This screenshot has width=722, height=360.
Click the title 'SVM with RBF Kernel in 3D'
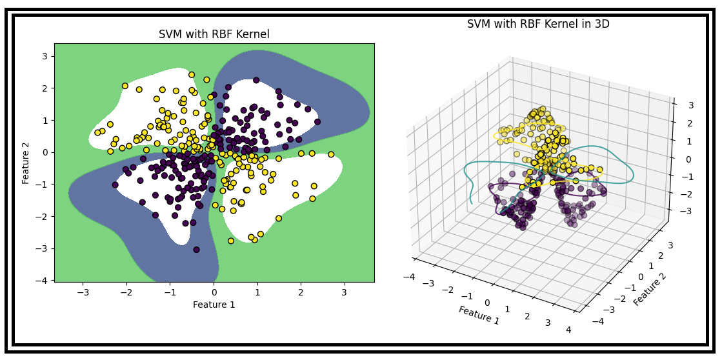point(537,25)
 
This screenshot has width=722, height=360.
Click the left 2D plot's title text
point(214,35)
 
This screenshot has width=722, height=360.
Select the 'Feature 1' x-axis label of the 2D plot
point(214,305)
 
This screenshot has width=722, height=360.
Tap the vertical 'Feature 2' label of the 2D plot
point(26,163)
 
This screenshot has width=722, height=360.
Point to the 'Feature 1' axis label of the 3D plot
point(479,315)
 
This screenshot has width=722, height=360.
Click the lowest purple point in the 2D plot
point(196,250)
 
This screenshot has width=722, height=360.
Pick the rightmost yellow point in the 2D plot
point(331,154)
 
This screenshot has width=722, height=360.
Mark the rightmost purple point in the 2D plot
point(317,121)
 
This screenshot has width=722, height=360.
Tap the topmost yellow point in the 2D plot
point(192,75)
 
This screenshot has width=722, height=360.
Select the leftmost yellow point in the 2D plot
point(98,133)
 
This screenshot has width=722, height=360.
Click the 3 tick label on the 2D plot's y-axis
point(45,56)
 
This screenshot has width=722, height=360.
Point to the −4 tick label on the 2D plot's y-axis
point(43,281)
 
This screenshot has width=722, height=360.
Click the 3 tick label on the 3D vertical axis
point(690,106)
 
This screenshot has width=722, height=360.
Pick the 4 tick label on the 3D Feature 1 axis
point(568,330)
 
